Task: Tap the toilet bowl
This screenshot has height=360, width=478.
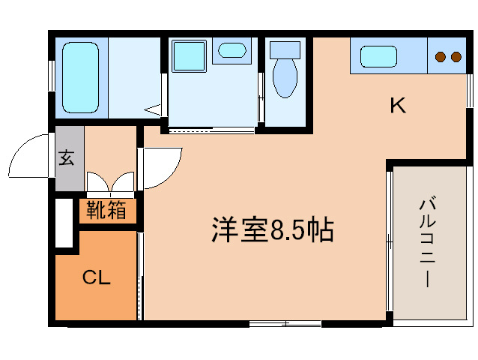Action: coord(285,79)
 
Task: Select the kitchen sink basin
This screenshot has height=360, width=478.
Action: coord(378,56)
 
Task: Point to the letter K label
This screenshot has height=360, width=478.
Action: coord(397,106)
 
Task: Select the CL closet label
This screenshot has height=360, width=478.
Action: coord(96,278)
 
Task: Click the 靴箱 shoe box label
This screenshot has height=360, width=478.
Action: coord(106,211)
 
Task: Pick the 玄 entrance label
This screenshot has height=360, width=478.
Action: coord(67,158)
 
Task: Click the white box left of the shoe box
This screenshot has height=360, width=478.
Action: coord(64,223)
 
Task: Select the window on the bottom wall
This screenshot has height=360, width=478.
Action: coord(285,324)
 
